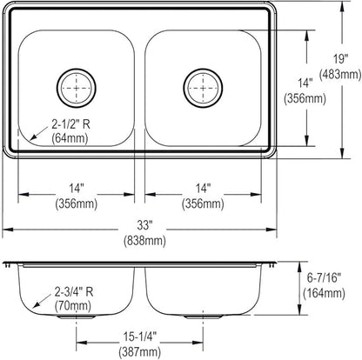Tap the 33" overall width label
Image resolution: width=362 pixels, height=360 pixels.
point(144,225)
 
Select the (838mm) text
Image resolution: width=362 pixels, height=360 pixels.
point(144,240)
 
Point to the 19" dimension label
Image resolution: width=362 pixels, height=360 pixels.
point(340,59)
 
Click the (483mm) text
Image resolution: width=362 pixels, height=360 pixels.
point(340,75)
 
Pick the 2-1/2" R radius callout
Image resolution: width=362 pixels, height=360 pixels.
point(71,124)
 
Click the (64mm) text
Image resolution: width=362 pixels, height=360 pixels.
point(70,137)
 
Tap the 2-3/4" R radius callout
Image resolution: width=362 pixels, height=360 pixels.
point(74,292)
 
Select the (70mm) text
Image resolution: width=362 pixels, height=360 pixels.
point(73,305)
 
